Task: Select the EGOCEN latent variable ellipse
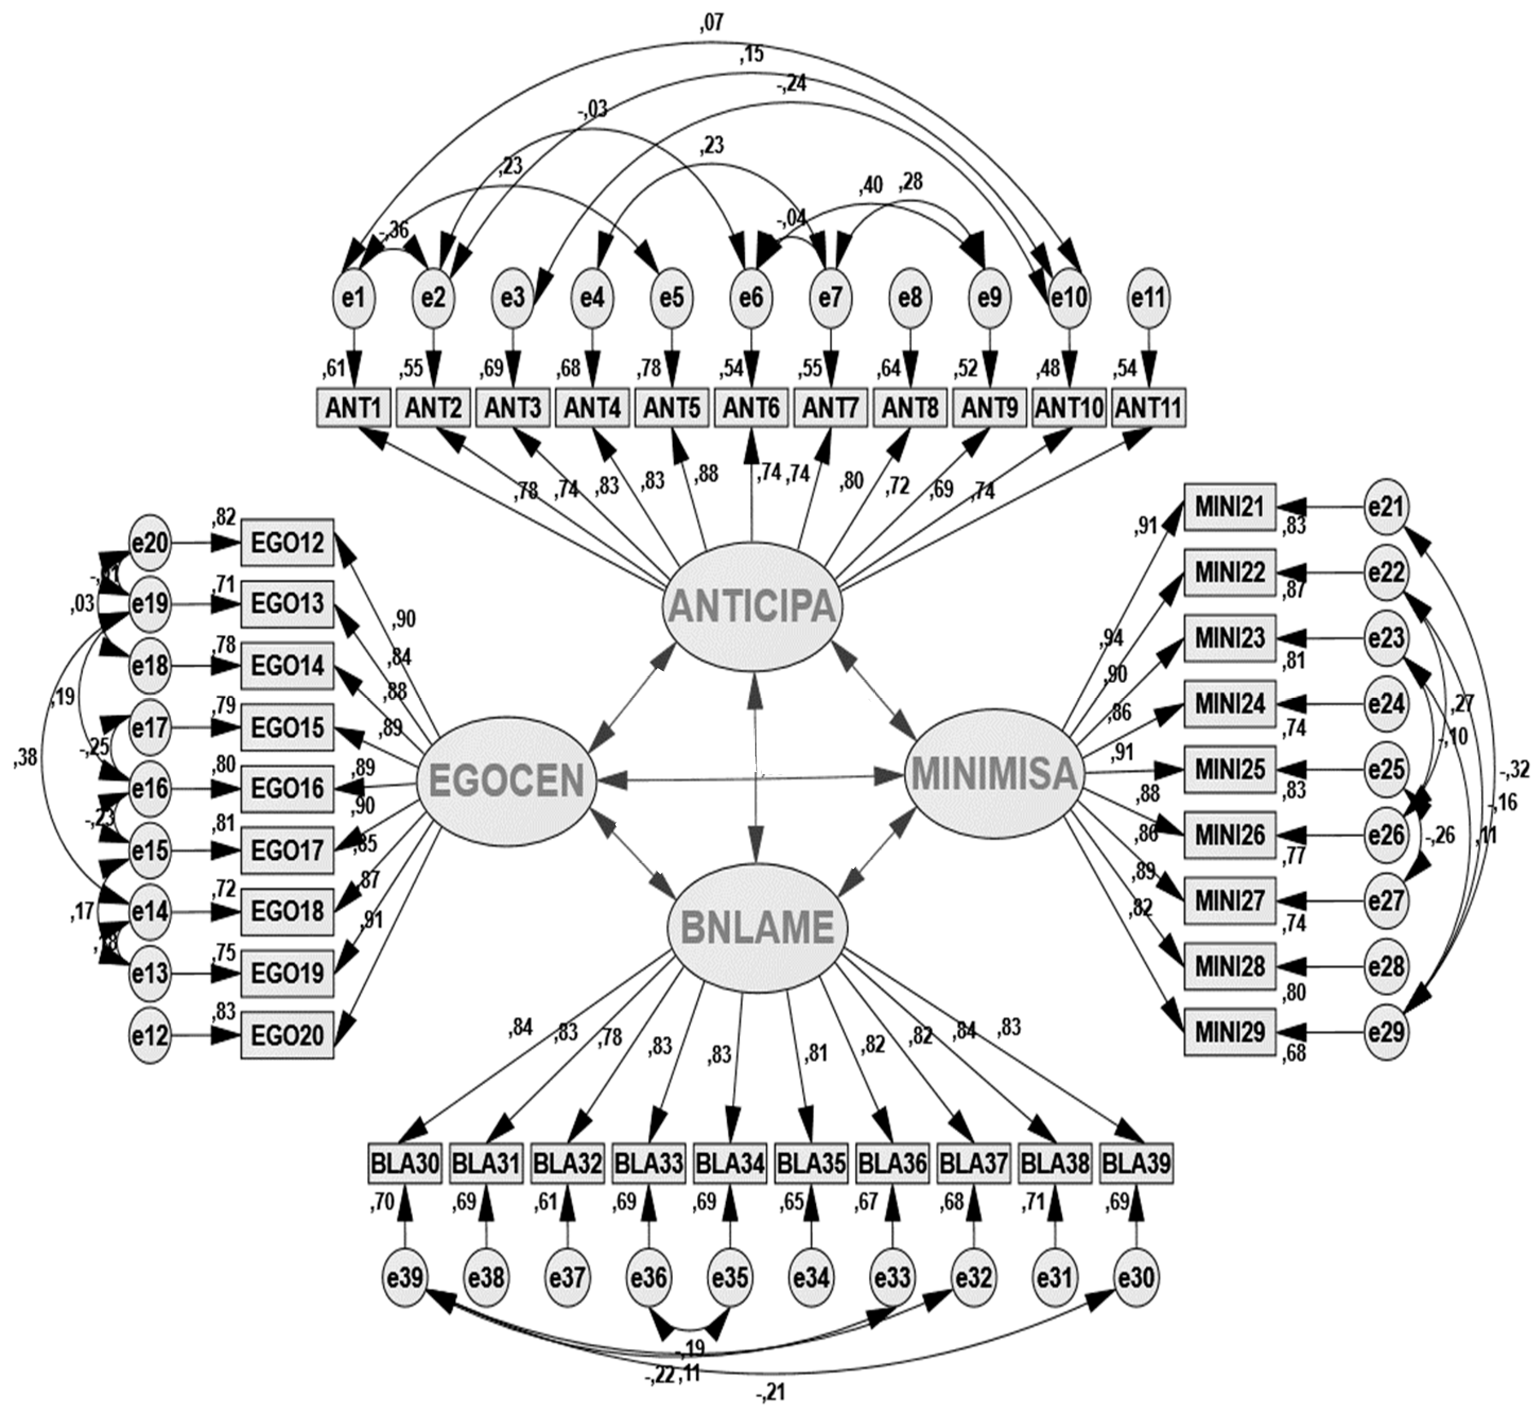click(506, 781)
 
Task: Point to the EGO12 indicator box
click(287, 543)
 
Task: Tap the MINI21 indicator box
click(1230, 506)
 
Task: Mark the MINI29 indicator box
click(1230, 1032)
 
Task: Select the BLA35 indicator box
click(810, 1165)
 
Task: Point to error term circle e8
click(910, 298)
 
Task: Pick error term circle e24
click(1387, 703)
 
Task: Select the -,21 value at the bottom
click(771, 1393)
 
